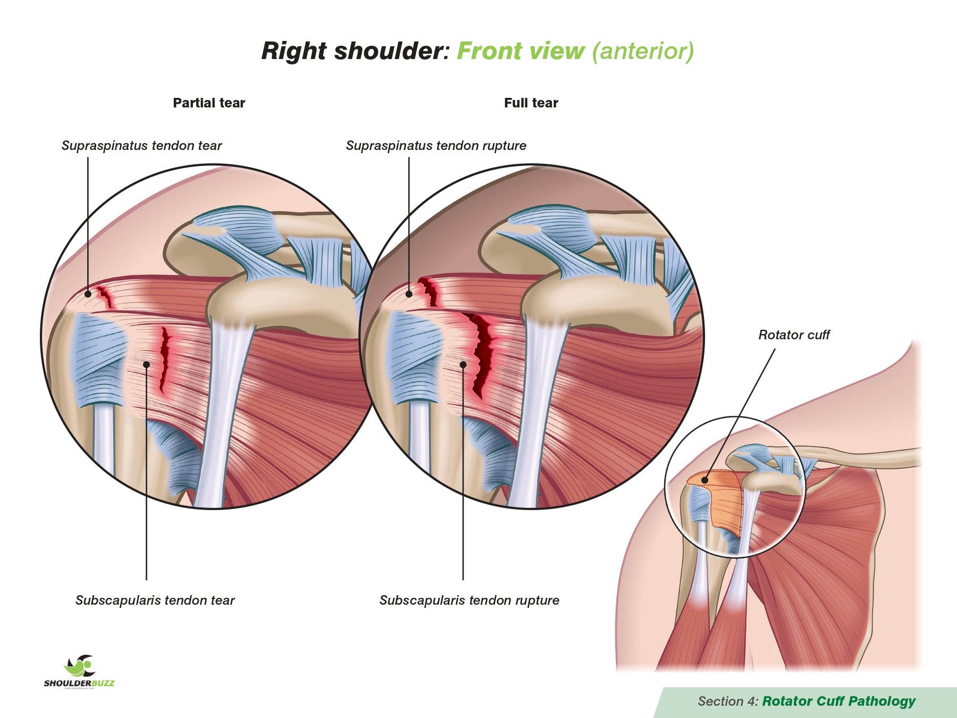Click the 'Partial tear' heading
pos(209,103)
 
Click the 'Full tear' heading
pos(531,103)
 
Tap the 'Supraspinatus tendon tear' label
pos(141,146)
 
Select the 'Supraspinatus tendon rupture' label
pos(436,146)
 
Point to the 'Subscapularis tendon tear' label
pos(155,600)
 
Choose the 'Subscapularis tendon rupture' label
pos(469,600)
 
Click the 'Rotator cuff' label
pos(794,335)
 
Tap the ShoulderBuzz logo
pos(79,672)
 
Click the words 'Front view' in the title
pos(521,51)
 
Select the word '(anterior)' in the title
pos(643,51)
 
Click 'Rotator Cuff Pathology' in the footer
pos(838,701)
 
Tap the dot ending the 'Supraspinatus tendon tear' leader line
pos(88,294)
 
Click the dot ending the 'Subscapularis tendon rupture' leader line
pos(463,364)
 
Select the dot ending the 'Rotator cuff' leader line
pos(705,480)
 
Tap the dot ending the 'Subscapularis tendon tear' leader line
pos(146,364)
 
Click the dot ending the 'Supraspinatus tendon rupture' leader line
pos(409,294)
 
